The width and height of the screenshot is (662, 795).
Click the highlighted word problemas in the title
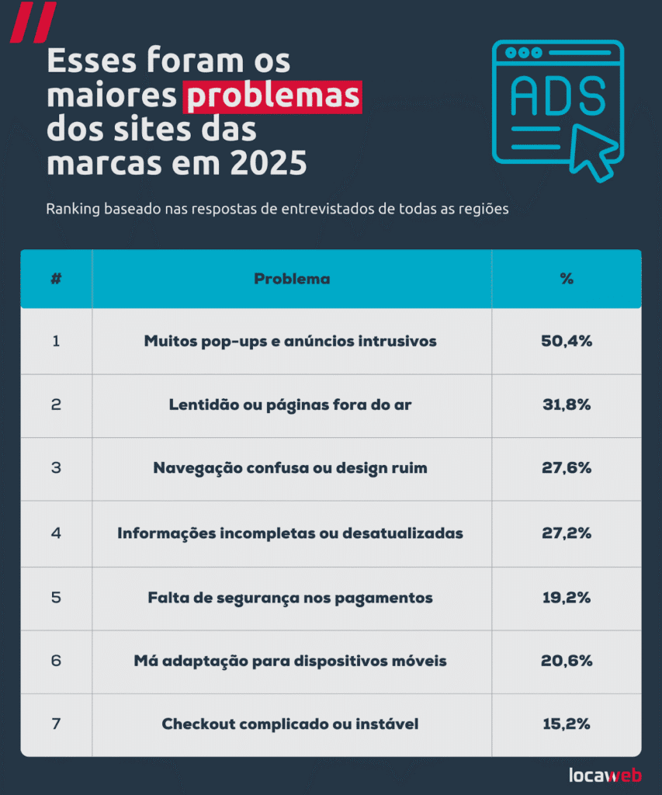pos(272,95)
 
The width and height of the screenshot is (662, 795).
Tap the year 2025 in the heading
pos(268,164)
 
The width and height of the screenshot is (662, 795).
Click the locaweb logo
pos(605,775)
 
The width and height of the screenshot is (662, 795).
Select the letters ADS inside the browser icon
pos(557,96)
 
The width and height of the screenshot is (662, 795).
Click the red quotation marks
pos(33,22)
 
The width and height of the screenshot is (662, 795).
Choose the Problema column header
pos(292,279)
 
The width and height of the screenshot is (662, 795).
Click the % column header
pos(567,279)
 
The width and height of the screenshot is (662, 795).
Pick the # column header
pos(56,279)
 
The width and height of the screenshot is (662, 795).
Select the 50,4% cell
pos(567,341)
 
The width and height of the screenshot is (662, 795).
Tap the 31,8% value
pos(567,404)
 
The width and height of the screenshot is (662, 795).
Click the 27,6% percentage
pos(567,468)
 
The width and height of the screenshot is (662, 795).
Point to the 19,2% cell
pos(567,598)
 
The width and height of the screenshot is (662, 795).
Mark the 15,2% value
pos(567,724)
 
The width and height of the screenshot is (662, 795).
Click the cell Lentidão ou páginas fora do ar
pos(290,404)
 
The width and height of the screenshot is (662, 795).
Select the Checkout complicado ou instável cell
pos(290,724)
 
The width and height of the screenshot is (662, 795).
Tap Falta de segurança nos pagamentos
pos(290,598)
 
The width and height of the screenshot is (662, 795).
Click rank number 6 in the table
pos(56,661)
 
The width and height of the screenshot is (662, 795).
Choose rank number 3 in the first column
pos(56,468)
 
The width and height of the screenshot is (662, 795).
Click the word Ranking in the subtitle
pos(71,210)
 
